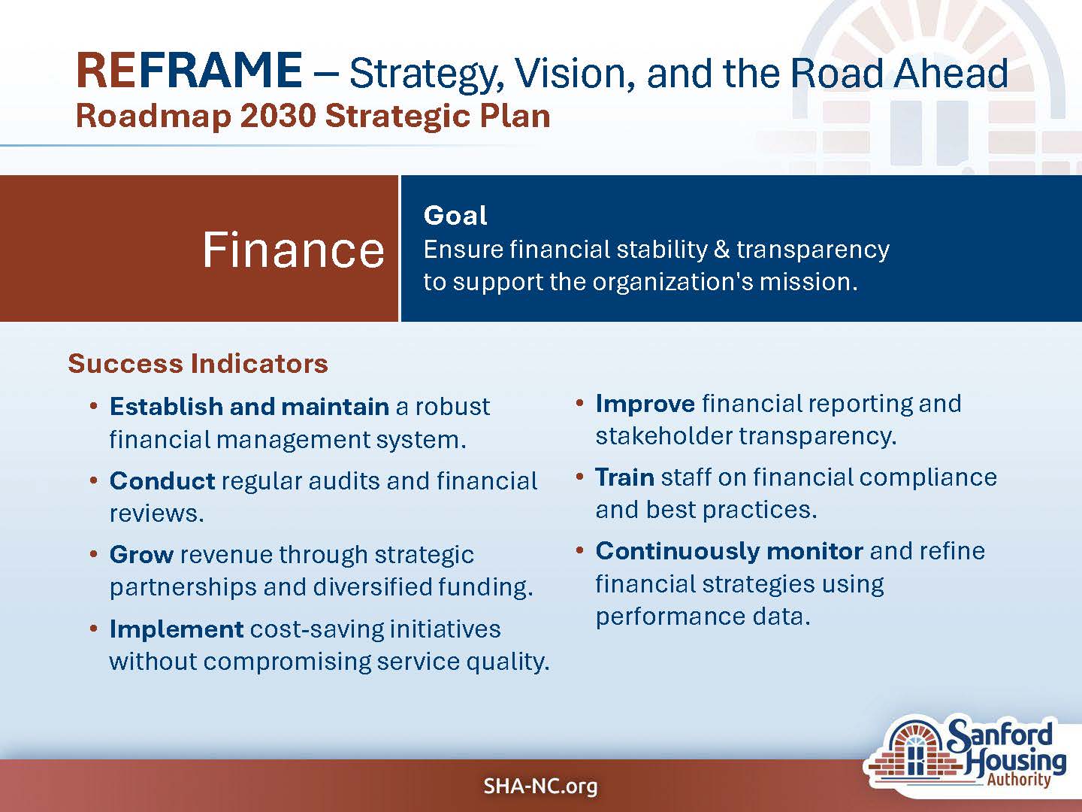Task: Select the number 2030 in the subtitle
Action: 278,117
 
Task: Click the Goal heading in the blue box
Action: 455,216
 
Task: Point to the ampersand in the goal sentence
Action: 721,249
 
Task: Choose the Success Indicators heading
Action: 198,363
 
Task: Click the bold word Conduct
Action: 162,480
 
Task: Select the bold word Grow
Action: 141,555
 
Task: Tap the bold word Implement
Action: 177,629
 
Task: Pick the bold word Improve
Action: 645,404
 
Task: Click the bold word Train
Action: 624,477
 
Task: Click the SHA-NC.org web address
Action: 540,786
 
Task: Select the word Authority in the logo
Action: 1018,780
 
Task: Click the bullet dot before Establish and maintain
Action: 94,406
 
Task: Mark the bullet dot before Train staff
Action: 579,477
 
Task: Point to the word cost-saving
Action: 317,629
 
